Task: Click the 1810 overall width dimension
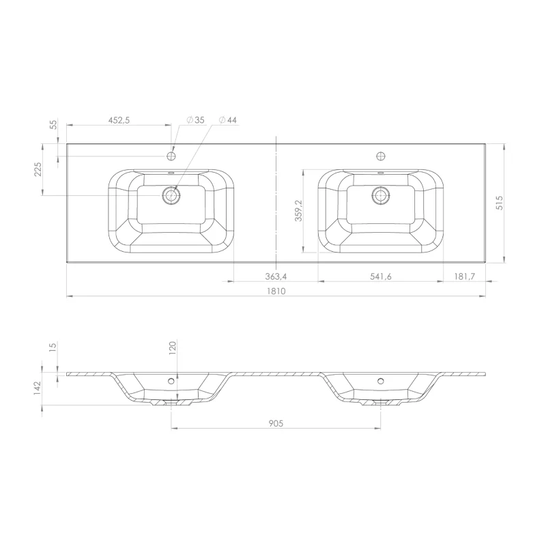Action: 276,291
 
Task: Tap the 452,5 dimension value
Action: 119,120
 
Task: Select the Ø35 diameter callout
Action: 195,120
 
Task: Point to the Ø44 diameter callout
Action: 228,120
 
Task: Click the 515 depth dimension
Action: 499,203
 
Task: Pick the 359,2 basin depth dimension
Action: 298,211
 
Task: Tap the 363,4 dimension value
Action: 276,276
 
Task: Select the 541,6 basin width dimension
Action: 381,276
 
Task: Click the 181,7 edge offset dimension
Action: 465,276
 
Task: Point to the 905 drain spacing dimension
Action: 276,423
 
